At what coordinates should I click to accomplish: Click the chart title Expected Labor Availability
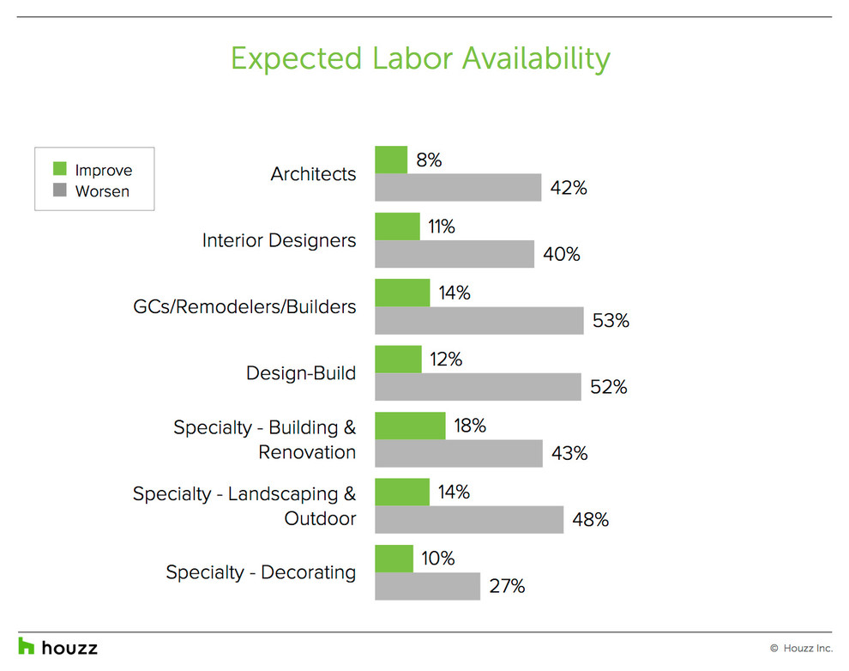(420, 58)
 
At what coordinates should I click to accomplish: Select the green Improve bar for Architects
(391, 160)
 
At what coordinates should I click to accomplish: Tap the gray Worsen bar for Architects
(458, 187)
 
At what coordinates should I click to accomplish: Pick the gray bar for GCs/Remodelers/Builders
(479, 320)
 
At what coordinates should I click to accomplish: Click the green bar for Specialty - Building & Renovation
(410, 426)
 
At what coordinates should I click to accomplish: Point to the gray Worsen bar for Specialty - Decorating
(427, 586)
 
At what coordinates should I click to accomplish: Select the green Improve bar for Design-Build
(398, 360)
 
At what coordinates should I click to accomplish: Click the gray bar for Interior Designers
(455, 254)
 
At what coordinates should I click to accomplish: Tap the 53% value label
(611, 321)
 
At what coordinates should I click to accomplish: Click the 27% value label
(507, 587)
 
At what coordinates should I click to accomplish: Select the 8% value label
(428, 160)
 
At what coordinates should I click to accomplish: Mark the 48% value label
(590, 520)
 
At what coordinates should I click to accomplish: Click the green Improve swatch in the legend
(59, 169)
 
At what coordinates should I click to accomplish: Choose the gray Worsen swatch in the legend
(59, 190)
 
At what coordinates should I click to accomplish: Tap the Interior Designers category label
(279, 240)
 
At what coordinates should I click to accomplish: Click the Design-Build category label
(300, 373)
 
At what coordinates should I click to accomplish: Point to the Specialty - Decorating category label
(261, 572)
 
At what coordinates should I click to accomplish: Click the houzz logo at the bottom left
(58, 646)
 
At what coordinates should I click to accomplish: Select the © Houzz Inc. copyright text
(800, 648)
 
